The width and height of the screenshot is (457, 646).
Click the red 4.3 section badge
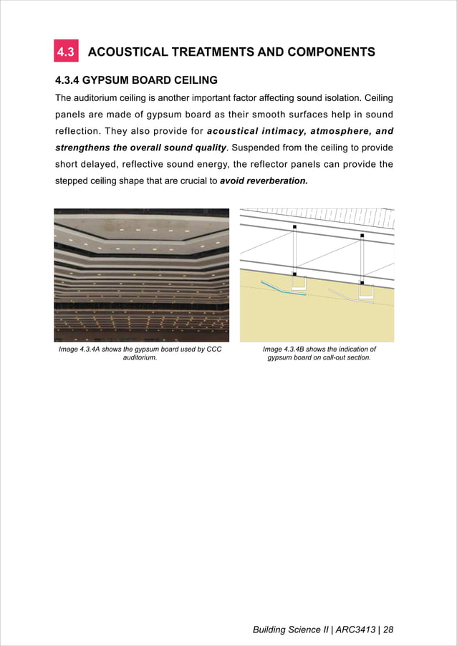pyautogui.click(x=67, y=52)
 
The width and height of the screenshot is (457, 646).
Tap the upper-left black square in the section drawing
pyautogui.click(x=294, y=227)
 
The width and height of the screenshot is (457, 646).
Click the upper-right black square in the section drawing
pyautogui.click(x=362, y=235)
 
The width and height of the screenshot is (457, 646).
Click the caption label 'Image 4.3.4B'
pyautogui.click(x=289, y=349)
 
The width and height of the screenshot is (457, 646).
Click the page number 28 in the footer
pyautogui.click(x=389, y=630)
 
